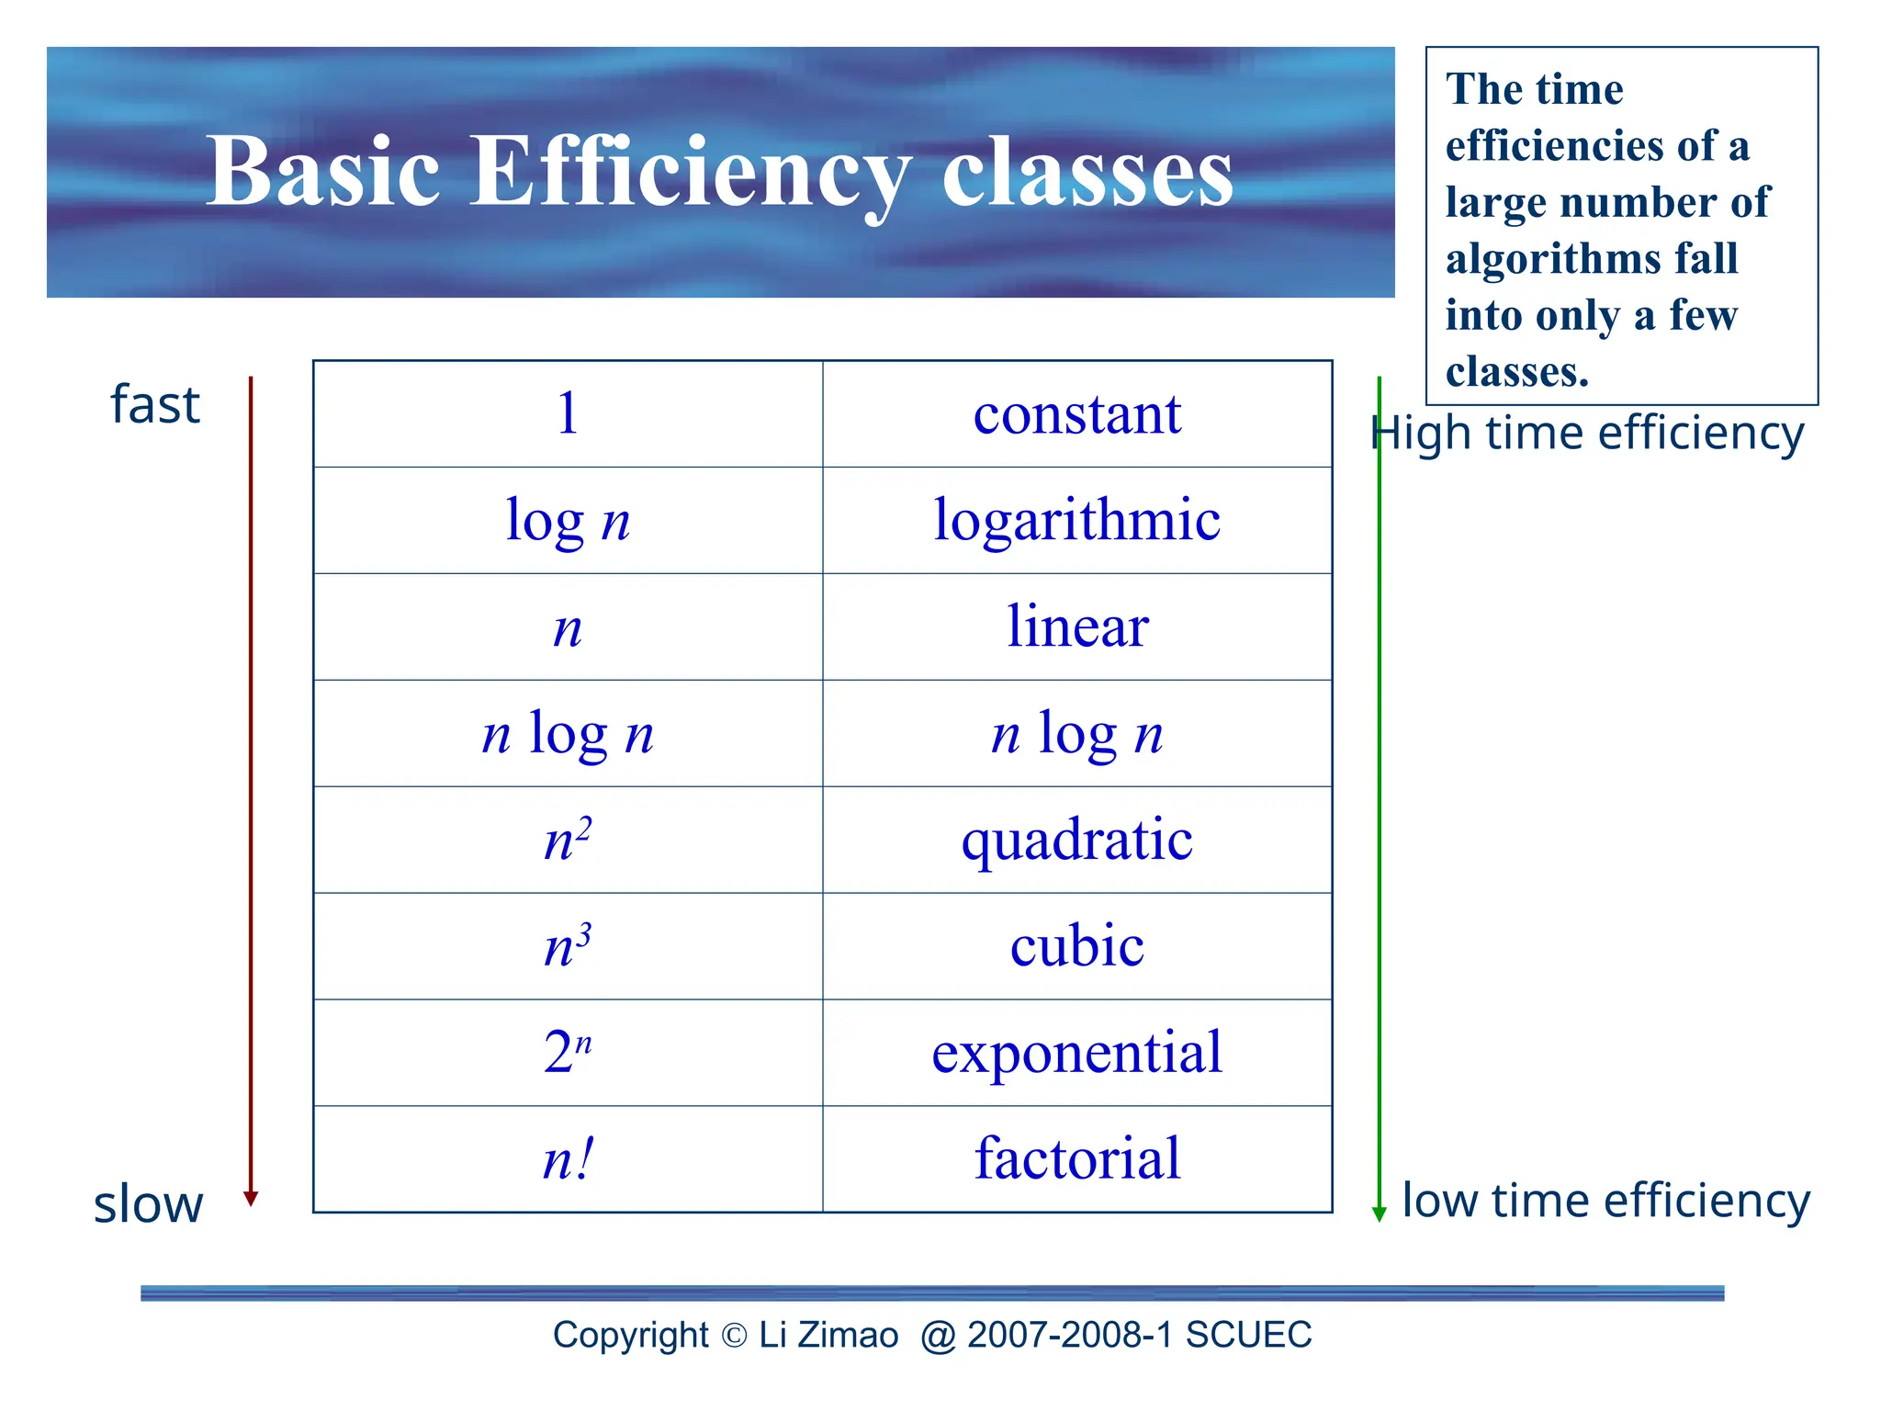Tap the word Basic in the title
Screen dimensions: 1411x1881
point(323,172)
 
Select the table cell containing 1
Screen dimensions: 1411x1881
point(568,413)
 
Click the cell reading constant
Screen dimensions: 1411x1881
point(1076,413)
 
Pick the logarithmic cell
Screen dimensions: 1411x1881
point(1076,520)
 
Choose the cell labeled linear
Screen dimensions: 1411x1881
point(1076,626)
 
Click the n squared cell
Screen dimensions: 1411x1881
point(568,840)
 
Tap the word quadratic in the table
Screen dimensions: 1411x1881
point(1076,840)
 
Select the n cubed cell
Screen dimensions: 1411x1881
point(568,946)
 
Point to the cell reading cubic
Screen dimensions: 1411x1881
point(1076,946)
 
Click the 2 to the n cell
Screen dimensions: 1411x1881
point(568,1053)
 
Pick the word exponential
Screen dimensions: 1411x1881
point(1076,1053)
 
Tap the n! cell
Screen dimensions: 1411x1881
point(568,1159)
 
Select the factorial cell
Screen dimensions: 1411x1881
point(1076,1159)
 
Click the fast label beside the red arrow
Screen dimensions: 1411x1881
point(154,405)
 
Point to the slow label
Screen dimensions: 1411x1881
point(148,1204)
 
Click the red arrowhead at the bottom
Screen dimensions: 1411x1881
point(251,1198)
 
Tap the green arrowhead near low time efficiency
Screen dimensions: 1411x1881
point(1379,1213)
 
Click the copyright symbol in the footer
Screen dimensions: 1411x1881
point(734,1336)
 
